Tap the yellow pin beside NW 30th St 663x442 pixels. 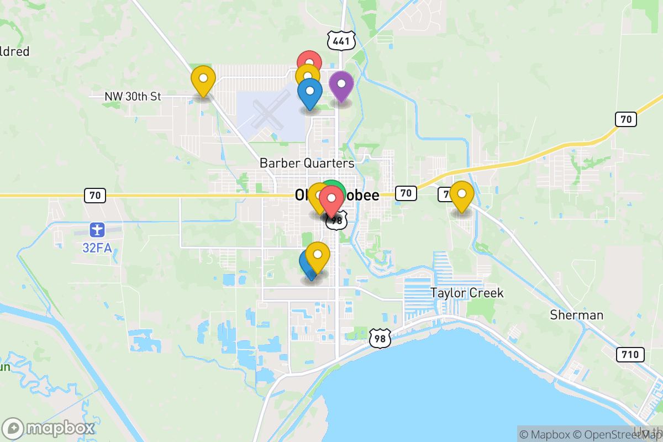(203, 79)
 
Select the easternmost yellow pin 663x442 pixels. (461, 194)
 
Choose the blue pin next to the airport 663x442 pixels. (309, 92)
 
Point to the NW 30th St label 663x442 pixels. (133, 97)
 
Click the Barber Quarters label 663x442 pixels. (307, 163)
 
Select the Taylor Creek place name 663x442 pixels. (467, 293)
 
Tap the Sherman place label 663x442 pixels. (577, 315)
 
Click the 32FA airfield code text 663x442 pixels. (97, 248)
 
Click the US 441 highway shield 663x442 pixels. (341, 40)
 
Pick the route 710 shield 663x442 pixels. (630, 354)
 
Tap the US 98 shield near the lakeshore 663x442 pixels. (380, 338)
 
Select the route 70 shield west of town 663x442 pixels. (95, 195)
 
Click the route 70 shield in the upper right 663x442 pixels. (626, 118)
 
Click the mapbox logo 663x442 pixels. (50, 428)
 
